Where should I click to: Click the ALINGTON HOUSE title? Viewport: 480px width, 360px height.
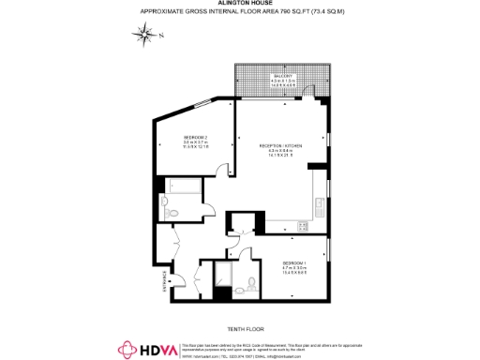[x=240, y=5]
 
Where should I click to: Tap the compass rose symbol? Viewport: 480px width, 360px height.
[x=145, y=36]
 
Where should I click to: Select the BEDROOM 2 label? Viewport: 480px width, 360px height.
[x=196, y=138]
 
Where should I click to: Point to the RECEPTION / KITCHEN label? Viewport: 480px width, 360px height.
[x=282, y=146]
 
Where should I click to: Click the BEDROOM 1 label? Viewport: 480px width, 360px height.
[x=295, y=263]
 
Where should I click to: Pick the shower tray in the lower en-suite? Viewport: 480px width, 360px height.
[x=228, y=274]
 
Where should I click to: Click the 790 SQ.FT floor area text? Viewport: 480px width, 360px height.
[x=240, y=12]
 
